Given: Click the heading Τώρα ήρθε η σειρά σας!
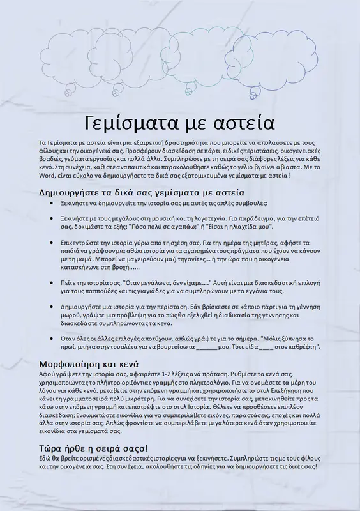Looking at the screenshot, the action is [x=94, y=448].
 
